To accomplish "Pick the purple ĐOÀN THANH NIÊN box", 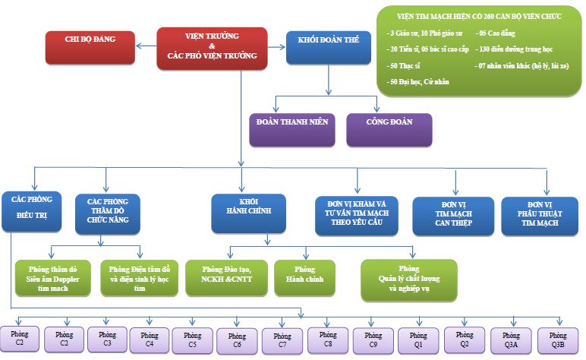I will click(x=292, y=130).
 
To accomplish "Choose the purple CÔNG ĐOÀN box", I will click(x=389, y=130).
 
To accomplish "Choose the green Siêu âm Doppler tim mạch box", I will click(x=54, y=279).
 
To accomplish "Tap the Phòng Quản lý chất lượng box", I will click(x=409, y=279).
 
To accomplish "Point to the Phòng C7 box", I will click(x=282, y=341).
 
